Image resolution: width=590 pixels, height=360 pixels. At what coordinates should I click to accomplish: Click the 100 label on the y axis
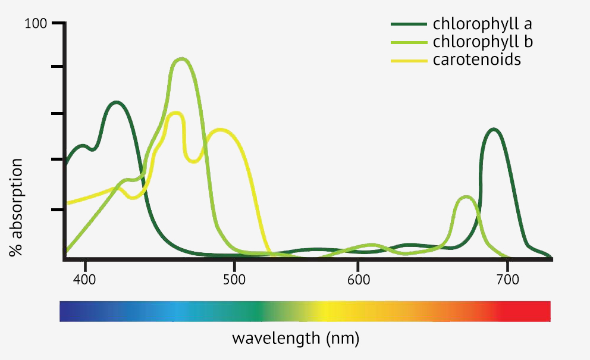pyautogui.click(x=35, y=24)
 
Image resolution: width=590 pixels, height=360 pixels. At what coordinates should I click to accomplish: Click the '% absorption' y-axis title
pyautogui.click(x=16, y=207)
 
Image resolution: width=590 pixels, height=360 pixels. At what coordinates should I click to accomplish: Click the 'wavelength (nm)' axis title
pyautogui.click(x=295, y=339)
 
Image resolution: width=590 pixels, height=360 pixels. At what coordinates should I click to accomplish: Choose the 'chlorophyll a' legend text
pyautogui.click(x=482, y=24)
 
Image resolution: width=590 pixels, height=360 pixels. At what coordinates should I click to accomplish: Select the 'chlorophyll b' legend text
pyautogui.click(x=482, y=42)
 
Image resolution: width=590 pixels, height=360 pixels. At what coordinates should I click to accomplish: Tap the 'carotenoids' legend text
pyautogui.click(x=477, y=60)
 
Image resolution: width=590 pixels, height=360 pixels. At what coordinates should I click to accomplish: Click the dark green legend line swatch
pyautogui.click(x=409, y=24)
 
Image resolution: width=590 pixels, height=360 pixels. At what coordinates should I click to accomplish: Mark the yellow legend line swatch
pyautogui.click(x=409, y=60)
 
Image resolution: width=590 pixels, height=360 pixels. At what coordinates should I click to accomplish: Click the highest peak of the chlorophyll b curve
pyautogui.click(x=182, y=59)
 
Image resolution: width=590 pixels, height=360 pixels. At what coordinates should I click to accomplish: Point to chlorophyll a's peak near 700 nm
pyautogui.click(x=493, y=129)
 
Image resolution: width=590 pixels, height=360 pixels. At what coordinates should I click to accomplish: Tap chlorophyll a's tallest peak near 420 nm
pyautogui.click(x=117, y=102)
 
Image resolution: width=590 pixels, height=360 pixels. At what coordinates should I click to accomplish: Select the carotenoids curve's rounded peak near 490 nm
pyautogui.click(x=221, y=130)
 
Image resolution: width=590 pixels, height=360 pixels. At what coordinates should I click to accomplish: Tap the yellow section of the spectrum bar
pyautogui.click(x=327, y=311)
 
